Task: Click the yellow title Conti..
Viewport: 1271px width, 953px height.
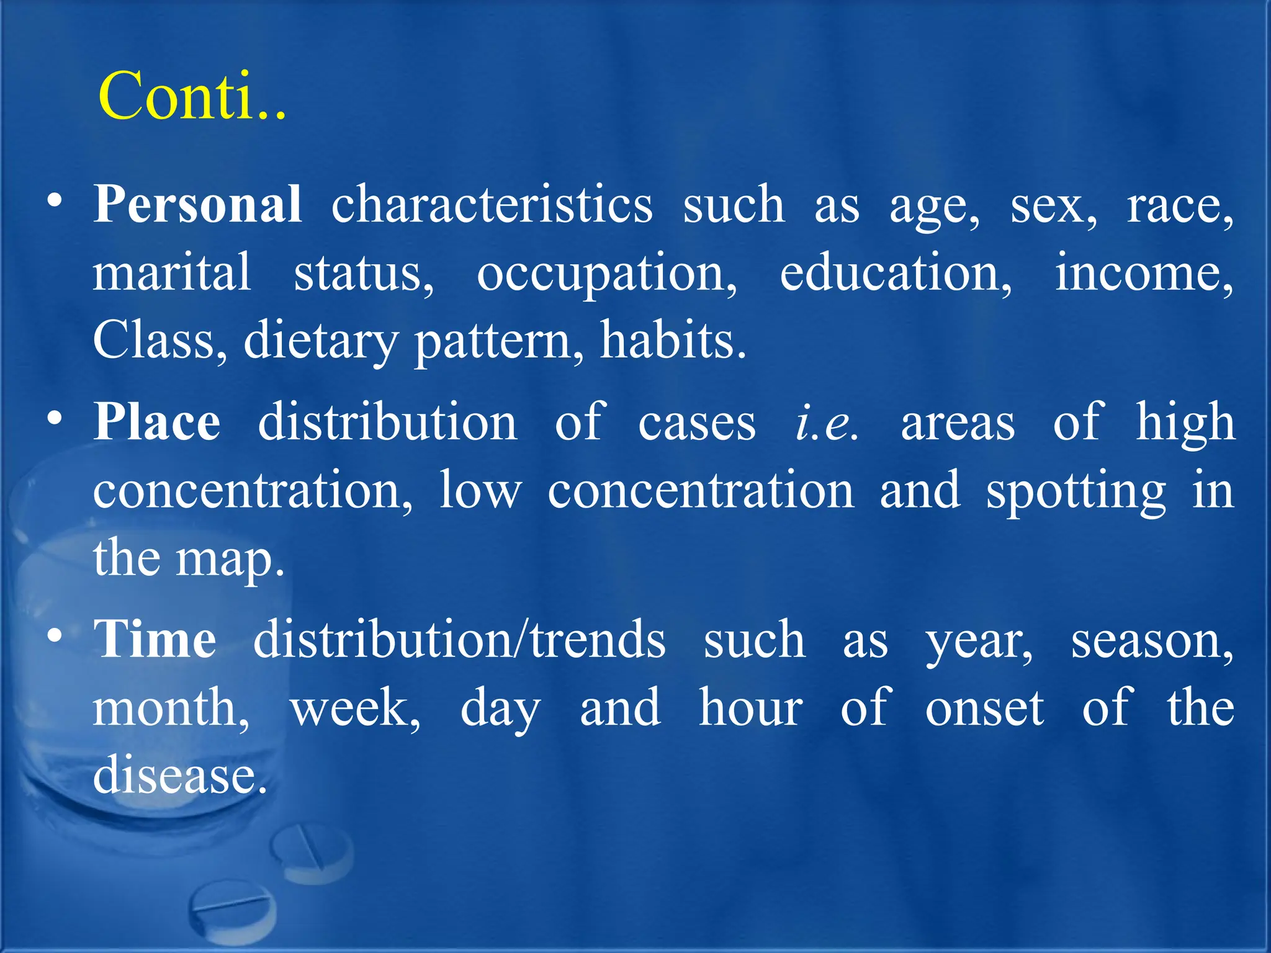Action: point(191,97)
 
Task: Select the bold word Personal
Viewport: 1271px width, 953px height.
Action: point(198,205)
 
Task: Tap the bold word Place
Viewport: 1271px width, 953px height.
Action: point(157,422)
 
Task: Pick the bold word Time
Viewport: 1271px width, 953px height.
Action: point(155,639)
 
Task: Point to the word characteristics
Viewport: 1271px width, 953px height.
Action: point(492,205)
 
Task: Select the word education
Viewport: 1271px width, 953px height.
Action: point(896,273)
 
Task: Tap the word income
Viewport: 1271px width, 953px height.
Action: point(1144,273)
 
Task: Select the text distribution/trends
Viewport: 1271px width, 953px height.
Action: point(459,639)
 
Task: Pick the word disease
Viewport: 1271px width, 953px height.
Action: point(180,776)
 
